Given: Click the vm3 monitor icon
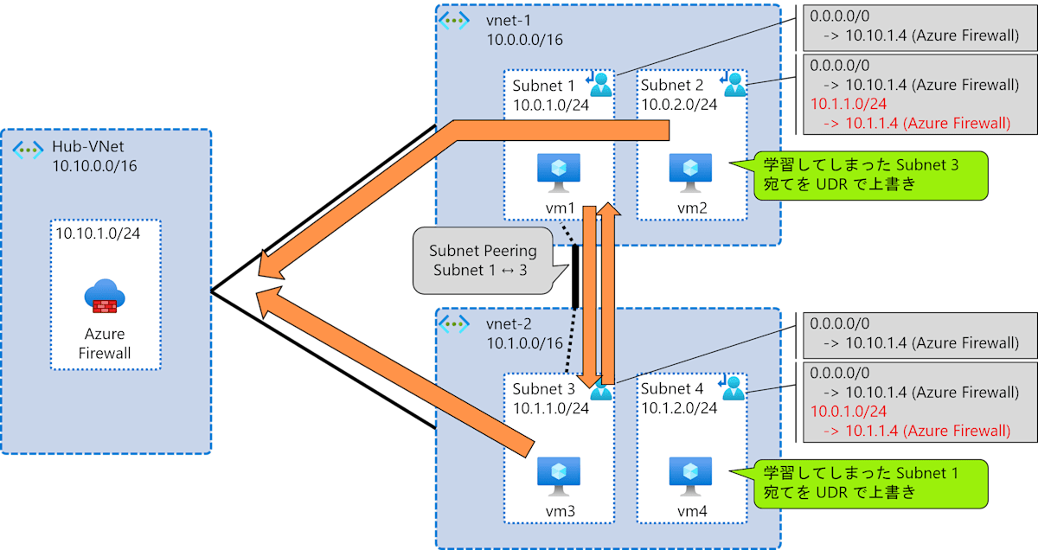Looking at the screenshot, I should point(559,476).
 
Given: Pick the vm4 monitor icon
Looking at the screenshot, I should point(690,476).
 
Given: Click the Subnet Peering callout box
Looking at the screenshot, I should point(484,260).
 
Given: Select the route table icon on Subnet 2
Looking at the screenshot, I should point(734,83).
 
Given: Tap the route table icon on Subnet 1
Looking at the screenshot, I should point(599,83).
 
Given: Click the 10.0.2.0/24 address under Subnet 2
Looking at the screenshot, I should point(679,105).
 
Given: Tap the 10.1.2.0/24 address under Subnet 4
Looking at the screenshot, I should point(679,408).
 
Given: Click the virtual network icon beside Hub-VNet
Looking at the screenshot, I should point(28,149).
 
